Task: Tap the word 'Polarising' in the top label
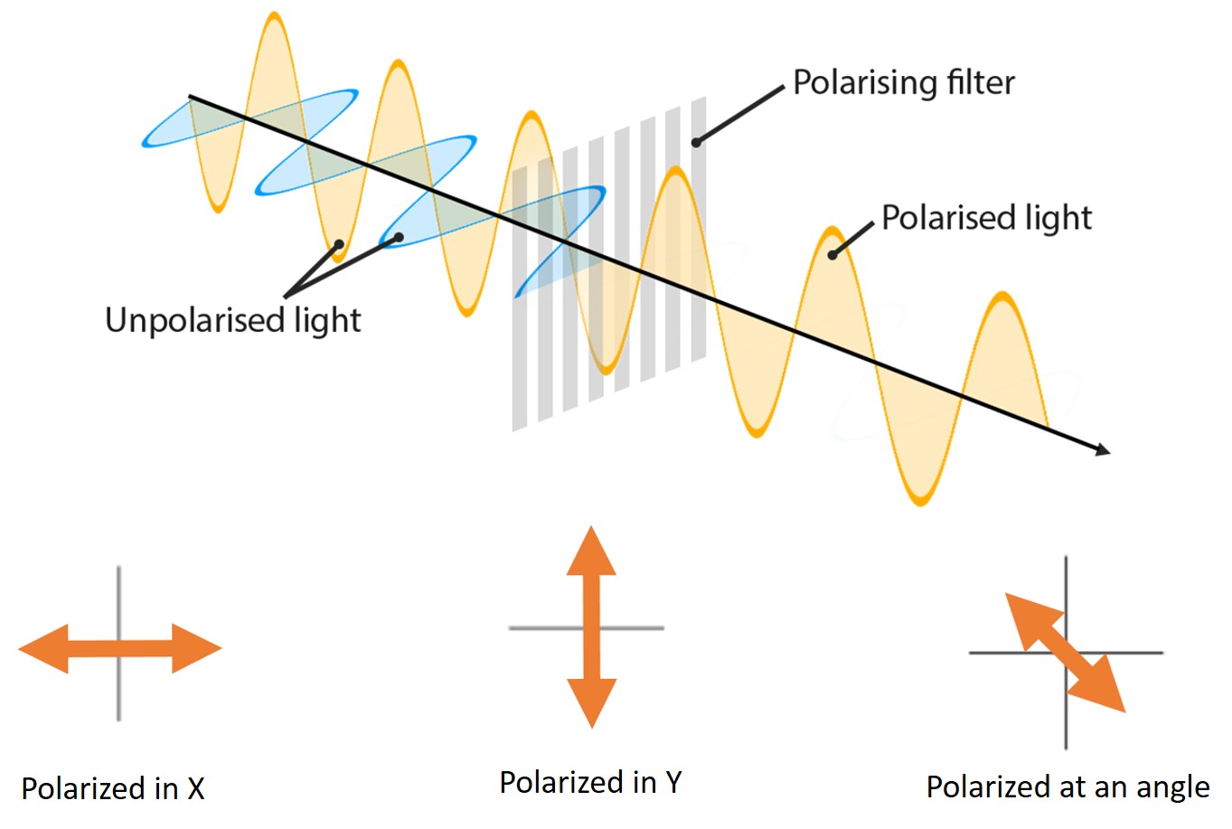click(865, 84)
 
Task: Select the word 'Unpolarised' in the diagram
click(194, 321)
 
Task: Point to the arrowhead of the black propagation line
click(1102, 450)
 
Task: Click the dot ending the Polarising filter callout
click(696, 143)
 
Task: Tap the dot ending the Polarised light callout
click(832, 255)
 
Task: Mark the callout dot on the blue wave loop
click(400, 238)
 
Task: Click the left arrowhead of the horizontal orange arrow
click(44, 648)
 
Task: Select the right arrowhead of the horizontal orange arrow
click(196, 648)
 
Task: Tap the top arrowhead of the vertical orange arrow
click(591, 551)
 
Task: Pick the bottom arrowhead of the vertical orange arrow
click(592, 703)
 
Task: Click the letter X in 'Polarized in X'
click(196, 789)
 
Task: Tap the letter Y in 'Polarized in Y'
click(673, 782)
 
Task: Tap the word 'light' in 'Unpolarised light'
click(328, 321)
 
